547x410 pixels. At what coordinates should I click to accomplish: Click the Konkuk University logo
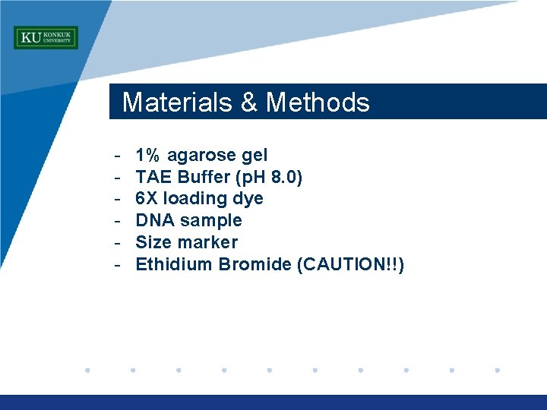46,37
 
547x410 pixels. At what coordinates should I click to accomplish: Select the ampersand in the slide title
249,102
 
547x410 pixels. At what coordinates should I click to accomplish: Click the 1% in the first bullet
147,156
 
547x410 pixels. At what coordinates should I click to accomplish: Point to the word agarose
201,156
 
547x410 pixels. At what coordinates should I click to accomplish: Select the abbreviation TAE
150,178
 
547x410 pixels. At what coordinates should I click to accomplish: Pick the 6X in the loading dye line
147,199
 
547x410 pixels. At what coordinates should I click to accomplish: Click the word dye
249,200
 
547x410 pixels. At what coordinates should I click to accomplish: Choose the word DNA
153,221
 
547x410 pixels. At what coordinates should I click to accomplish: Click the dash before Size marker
119,243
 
